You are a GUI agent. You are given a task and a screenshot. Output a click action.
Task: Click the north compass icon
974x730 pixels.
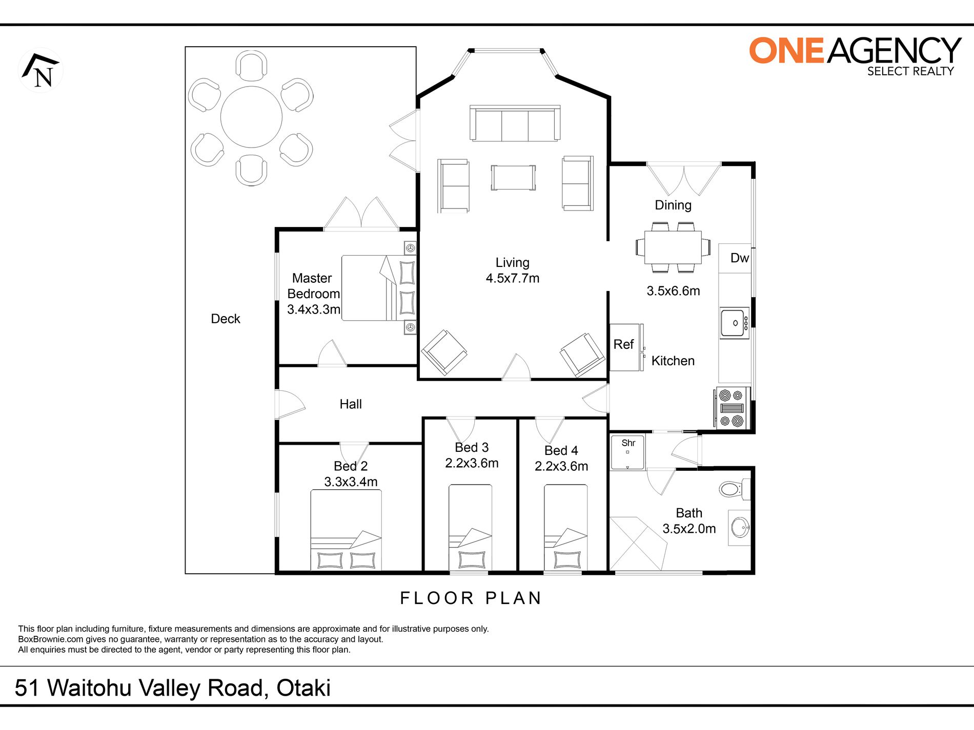pos(41,70)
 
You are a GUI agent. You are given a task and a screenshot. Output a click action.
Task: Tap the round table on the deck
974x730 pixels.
pos(251,117)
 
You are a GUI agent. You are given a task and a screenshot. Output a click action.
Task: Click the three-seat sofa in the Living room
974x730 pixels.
pos(515,123)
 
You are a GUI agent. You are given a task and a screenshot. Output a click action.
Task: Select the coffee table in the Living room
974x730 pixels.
pos(513,177)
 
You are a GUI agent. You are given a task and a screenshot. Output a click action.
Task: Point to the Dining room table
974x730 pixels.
pos(673,247)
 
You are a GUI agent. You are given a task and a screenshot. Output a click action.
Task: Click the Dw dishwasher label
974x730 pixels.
pos(739,258)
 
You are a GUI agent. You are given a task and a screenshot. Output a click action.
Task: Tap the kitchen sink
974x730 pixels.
pos(735,323)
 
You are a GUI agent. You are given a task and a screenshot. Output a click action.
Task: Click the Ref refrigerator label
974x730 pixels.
pos(623,344)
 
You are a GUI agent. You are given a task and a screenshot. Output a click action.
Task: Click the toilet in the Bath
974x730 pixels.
pos(735,489)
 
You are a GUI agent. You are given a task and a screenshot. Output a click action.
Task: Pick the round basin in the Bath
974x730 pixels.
pos(740,527)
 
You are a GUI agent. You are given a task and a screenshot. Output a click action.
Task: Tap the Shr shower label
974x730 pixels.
pos(628,443)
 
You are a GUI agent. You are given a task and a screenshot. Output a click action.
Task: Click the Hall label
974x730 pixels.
pos(351,404)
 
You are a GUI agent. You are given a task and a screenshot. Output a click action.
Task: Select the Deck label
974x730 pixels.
pos(226,319)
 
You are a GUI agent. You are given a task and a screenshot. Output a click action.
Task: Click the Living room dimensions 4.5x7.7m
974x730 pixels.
pos(513,278)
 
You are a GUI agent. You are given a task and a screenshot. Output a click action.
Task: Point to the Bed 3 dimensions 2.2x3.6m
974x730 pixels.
pos(472,463)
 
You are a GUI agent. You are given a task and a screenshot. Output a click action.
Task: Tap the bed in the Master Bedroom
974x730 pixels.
pos(379,288)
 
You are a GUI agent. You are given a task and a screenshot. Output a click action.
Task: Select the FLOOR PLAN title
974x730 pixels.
pos(471,598)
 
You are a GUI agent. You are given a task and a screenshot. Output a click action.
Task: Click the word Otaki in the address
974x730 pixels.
pos(303,688)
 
